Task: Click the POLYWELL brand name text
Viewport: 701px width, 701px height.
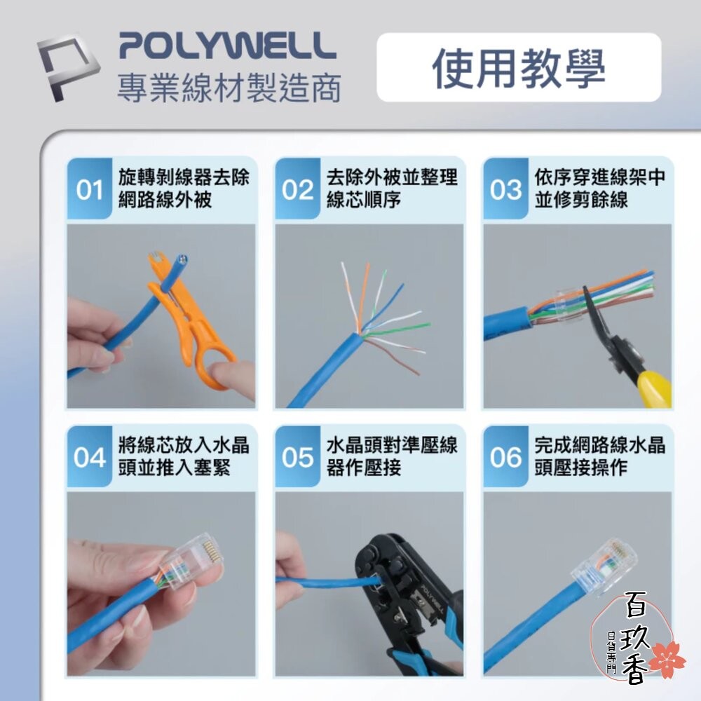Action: [227, 46]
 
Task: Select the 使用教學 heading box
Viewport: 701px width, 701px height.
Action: [519, 68]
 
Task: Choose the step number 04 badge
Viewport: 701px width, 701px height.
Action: [89, 458]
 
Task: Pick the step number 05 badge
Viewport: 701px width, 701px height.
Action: [297, 458]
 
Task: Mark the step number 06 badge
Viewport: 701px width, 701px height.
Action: [505, 458]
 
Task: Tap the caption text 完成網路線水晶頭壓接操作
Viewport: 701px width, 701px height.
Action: [599, 456]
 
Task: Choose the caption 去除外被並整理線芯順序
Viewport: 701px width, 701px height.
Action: [392, 188]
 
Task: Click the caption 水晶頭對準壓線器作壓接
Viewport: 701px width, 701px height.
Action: [392, 456]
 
